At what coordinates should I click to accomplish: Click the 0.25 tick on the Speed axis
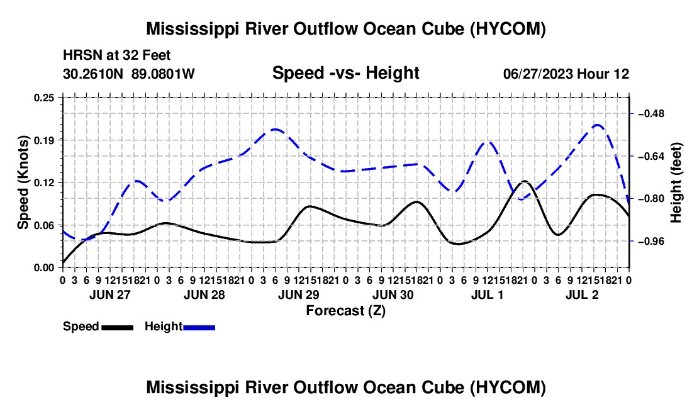click(x=43, y=98)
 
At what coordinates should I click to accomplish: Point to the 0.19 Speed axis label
click(x=43, y=140)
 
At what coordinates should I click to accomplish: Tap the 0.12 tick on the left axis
click(x=43, y=182)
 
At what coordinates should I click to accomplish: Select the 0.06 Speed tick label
click(x=43, y=225)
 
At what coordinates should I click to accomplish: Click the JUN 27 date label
click(x=110, y=294)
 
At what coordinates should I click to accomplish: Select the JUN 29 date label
click(x=299, y=294)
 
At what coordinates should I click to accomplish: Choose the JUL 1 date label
click(x=487, y=294)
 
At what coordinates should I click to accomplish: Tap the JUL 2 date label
click(x=582, y=294)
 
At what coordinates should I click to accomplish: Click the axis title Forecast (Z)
click(x=346, y=311)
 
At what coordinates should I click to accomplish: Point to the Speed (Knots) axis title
click(x=23, y=182)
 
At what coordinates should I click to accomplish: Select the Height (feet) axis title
click(x=676, y=182)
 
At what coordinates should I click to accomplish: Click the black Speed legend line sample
click(x=118, y=327)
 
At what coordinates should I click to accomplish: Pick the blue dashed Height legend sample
click(x=199, y=327)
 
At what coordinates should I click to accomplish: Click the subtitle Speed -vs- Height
click(x=345, y=73)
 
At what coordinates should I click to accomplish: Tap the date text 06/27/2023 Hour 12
click(x=566, y=74)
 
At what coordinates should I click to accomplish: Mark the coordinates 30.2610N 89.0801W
click(x=129, y=74)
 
